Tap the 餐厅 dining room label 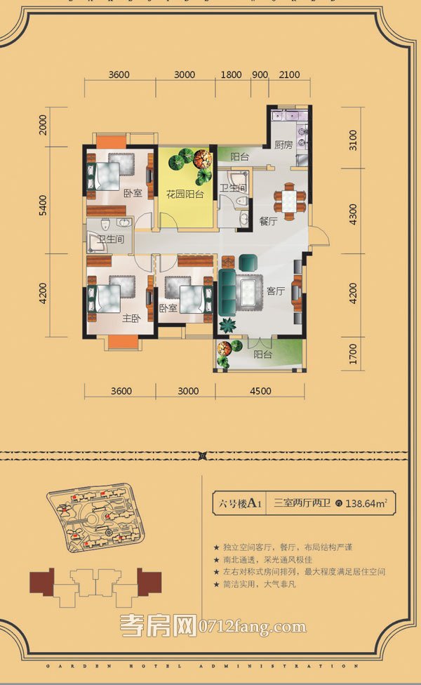(269, 220)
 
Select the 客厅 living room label (275, 290)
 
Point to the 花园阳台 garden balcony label (185, 194)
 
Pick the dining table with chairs (290, 200)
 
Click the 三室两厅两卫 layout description (303, 503)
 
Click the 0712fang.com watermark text (259, 625)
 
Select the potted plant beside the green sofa (228, 325)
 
